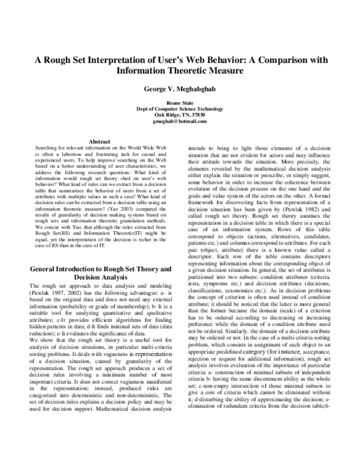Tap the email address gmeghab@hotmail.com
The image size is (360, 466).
[x=179, y=120]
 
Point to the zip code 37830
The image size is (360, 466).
[x=197, y=115]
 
